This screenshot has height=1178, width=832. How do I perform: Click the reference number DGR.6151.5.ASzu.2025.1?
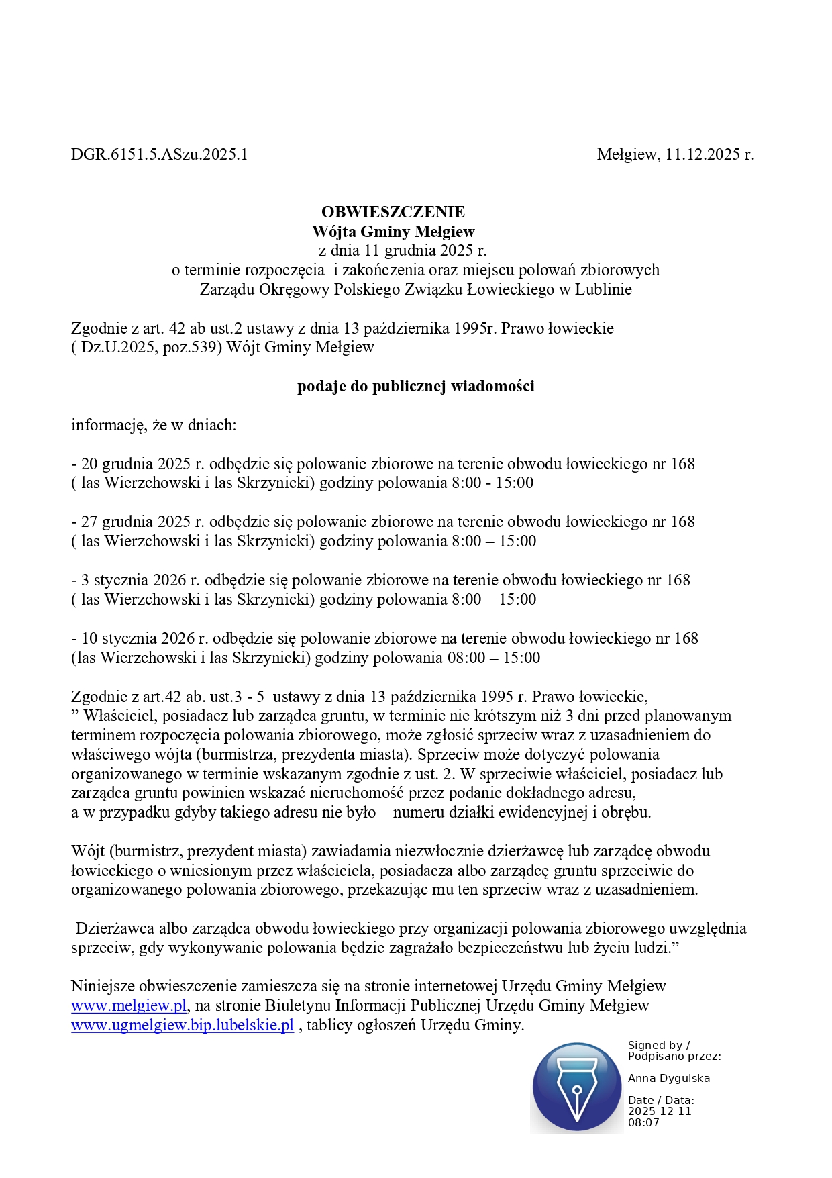[x=159, y=155]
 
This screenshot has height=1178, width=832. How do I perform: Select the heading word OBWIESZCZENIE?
[x=393, y=212]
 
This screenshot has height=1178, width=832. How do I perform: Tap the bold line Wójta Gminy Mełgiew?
[x=393, y=232]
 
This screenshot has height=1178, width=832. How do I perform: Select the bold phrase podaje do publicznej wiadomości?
[x=415, y=387]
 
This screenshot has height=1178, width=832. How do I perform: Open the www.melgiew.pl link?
[x=128, y=1005]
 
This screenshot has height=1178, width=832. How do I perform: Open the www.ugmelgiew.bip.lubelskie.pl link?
[x=183, y=1025]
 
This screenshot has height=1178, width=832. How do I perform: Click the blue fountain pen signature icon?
[x=576, y=1087]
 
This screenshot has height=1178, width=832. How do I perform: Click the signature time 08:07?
[x=643, y=1123]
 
